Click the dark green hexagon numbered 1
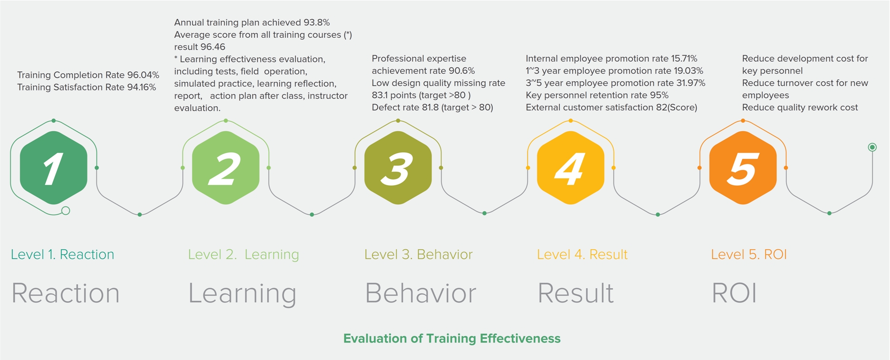(54, 168)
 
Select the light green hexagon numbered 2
(226, 168)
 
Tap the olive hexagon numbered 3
(398, 168)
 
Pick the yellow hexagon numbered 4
(571, 168)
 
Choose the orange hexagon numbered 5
(743, 168)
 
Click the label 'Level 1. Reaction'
(62, 254)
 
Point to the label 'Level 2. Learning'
(244, 255)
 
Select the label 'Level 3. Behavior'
(419, 254)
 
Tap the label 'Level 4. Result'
(582, 254)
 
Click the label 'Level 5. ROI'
(749, 254)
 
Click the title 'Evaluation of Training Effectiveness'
(452, 338)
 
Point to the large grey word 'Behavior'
(421, 293)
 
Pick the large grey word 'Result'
(576, 293)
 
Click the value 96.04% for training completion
(143, 75)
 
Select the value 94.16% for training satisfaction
(141, 88)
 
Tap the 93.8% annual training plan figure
(316, 22)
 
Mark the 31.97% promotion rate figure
(691, 83)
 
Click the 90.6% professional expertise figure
(461, 71)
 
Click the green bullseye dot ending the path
(872, 147)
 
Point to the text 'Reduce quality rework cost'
(800, 107)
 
